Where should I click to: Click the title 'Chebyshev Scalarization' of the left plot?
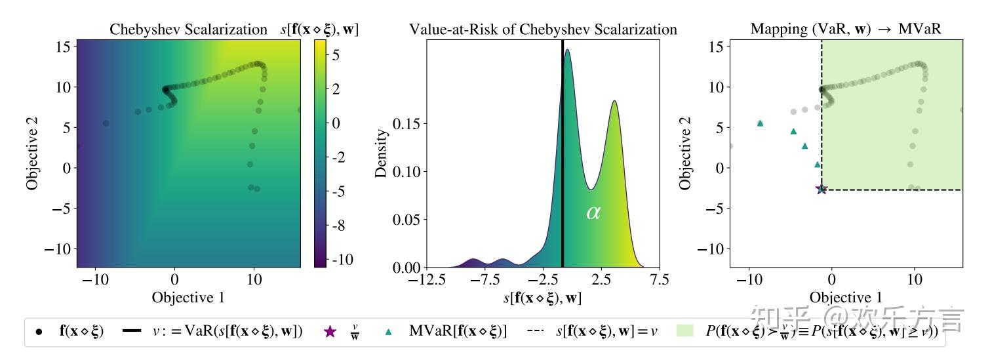point(188,30)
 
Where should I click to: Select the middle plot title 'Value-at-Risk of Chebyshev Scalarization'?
point(543,30)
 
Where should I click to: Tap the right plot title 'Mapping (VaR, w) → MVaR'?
point(846,30)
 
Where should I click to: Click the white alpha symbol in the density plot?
point(593,212)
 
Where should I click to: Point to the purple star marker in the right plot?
point(821,189)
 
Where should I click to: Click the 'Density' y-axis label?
point(381,153)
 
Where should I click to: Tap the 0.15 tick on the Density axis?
point(406,123)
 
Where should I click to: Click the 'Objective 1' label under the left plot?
point(188,297)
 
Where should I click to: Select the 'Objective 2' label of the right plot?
point(685,153)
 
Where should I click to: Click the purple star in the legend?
point(330,332)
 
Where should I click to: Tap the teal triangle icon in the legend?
point(389,332)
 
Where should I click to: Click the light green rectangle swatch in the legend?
point(684,332)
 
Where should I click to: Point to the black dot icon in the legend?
point(39,332)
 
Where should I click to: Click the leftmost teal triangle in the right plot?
point(760,123)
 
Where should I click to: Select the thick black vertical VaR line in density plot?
point(563,164)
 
